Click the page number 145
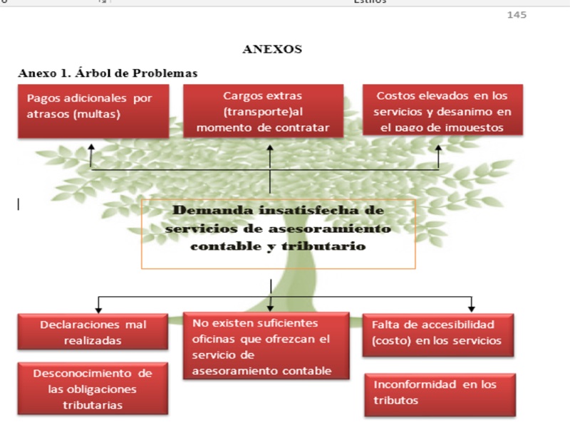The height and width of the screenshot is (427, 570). [517, 15]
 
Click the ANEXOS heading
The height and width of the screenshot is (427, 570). [272, 49]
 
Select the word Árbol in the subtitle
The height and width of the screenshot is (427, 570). [91, 73]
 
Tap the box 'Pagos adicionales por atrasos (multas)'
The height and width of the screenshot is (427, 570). [93, 111]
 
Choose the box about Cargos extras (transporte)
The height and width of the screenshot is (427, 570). [263, 111]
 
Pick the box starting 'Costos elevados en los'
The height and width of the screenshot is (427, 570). [442, 110]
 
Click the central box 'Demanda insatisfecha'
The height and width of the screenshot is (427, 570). [279, 234]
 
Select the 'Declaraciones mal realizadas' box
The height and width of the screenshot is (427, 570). [93, 332]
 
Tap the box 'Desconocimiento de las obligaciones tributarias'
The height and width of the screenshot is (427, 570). [93, 389]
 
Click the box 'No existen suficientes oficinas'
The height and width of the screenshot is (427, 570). [266, 346]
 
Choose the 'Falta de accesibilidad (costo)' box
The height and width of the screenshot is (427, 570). [438, 335]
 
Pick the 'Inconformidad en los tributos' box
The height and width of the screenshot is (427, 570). [440, 395]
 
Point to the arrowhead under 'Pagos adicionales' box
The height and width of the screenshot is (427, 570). [91, 147]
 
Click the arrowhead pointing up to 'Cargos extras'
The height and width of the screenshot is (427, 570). [270, 148]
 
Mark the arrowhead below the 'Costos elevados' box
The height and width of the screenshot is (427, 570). [438, 148]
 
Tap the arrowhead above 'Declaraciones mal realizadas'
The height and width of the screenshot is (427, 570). [98, 310]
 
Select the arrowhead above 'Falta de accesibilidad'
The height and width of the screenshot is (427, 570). [472, 309]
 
